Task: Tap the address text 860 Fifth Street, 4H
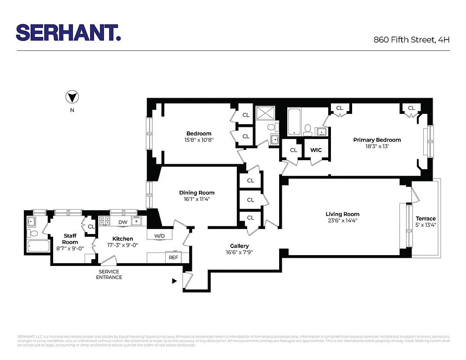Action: click(x=412, y=39)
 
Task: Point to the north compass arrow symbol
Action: click(x=72, y=97)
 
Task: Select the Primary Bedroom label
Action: click(x=377, y=140)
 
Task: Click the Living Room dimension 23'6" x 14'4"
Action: click(x=343, y=220)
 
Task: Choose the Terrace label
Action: click(x=425, y=219)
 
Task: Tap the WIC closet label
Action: click(x=316, y=150)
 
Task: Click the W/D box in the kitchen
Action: click(x=159, y=236)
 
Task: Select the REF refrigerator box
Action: click(x=173, y=257)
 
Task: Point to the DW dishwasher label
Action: click(x=122, y=222)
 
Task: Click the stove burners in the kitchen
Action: click(x=105, y=220)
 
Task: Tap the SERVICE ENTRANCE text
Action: click(x=109, y=274)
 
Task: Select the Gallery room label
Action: click(x=239, y=246)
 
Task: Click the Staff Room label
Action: click(x=70, y=239)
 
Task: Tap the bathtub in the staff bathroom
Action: click(x=38, y=246)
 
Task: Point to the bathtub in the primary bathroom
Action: click(x=294, y=122)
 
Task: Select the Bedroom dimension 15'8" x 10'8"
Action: click(x=199, y=140)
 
